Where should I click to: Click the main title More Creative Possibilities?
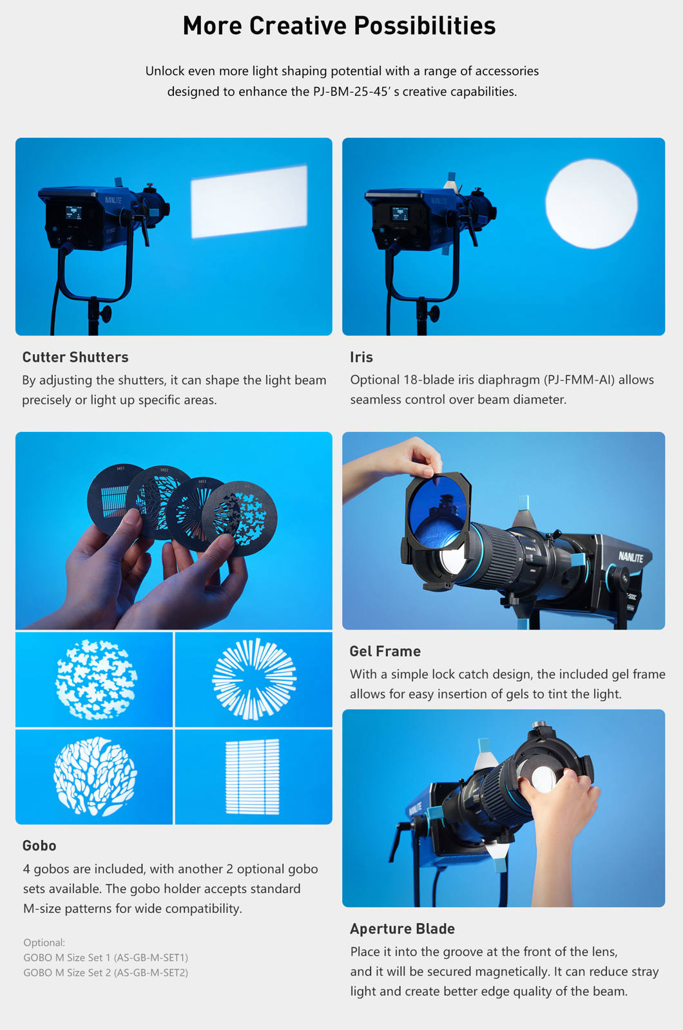point(339,26)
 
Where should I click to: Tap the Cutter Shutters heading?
point(75,357)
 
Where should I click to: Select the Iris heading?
point(361,357)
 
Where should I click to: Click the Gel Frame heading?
point(385,651)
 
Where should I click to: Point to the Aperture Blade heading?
point(403,929)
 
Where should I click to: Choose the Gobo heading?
point(39,846)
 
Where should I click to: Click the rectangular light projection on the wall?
point(249,202)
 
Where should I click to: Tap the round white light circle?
point(592,203)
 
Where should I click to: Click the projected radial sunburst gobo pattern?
point(254,679)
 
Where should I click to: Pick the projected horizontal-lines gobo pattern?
point(252,777)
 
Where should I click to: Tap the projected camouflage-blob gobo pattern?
point(96,679)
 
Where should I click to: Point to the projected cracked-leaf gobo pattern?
point(95,776)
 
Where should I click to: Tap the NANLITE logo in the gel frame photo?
point(631,557)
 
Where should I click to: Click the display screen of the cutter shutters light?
point(73,212)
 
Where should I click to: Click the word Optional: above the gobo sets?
point(44,942)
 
